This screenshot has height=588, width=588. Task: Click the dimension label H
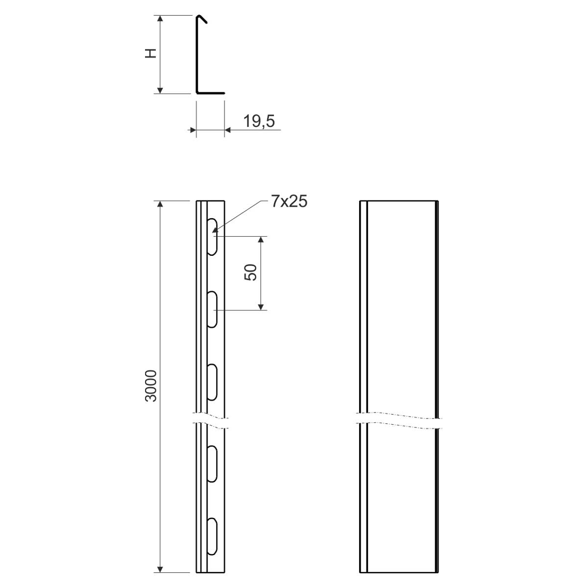[x=151, y=53]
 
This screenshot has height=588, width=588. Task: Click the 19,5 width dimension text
[x=259, y=121]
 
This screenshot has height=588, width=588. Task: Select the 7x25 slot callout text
[x=289, y=201]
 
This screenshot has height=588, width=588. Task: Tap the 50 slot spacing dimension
[x=250, y=272]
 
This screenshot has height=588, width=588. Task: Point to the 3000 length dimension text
[x=151, y=386]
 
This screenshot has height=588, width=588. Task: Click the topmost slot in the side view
[x=212, y=237]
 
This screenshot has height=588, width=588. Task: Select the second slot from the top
[x=212, y=309]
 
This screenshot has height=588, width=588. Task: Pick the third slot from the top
[x=212, y=382]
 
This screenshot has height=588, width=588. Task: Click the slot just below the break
[x=212, y=464]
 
